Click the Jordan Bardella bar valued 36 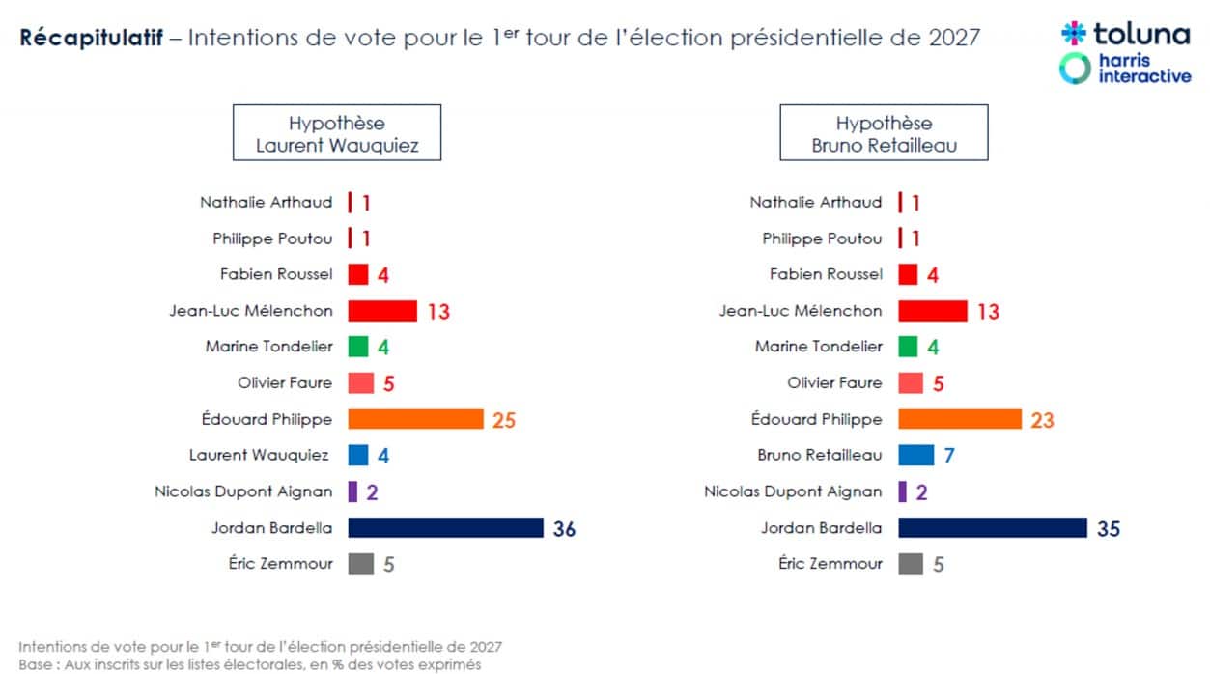tap(445, 527)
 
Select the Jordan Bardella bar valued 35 tap(993, 527)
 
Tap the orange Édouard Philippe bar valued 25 tap(415, 419)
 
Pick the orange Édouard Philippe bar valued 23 tap(959, 419)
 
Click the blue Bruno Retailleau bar tap(915, 455)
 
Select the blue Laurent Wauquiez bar tap(358, 455)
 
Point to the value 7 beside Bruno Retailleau tap(949, 456)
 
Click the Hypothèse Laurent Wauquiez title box tap(336, 133)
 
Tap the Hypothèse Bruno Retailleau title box tap(884, 133)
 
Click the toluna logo tap(1125, 35)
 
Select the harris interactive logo tap(1125, 69)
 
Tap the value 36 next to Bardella tap(564, 529)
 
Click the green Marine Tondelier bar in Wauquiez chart tap(358, 347)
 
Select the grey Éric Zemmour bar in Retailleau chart tap(910, 563)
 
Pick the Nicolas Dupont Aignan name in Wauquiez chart tap(242, 491)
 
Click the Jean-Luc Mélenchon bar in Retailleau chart tap(932, 310)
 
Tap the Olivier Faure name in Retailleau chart tap(834, 383)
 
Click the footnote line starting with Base tap(249, 664)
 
